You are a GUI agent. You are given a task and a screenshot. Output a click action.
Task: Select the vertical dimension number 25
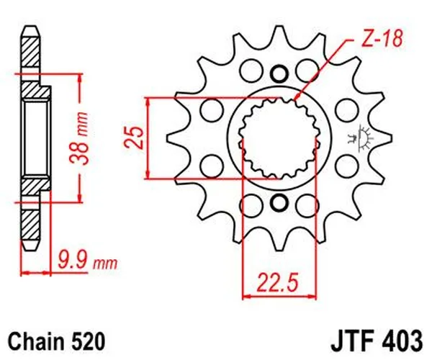133,137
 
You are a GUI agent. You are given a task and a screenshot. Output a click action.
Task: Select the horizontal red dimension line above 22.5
279,294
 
